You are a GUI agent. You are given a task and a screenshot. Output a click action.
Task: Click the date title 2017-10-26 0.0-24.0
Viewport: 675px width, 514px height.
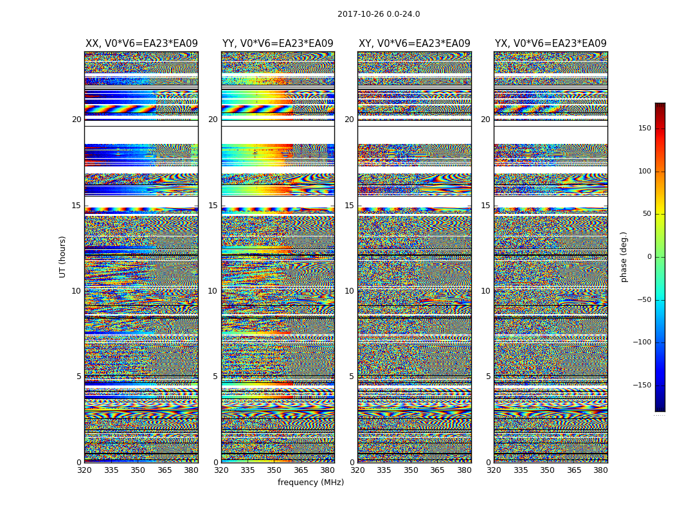pyautogui.click(x=379, y=14)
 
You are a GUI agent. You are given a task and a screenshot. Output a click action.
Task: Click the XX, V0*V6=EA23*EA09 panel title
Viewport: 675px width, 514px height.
pyautogui.click(x=141, y=44)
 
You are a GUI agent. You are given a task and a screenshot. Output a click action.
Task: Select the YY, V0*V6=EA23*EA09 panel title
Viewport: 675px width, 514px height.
pyautogui.click(x=278, y=44)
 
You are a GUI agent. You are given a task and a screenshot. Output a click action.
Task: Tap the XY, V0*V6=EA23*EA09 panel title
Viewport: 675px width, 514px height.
pyautogui.click(x=414, y=44)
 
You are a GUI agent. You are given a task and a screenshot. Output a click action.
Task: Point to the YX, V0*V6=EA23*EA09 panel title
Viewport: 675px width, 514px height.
pyautogui.click(x=550, y=44)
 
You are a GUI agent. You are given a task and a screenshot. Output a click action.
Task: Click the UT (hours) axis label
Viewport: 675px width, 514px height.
pyautogui.click(x=63, y=256)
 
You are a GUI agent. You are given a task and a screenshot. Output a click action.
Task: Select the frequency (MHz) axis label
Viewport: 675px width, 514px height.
pyautogui.click(x=310, y=483)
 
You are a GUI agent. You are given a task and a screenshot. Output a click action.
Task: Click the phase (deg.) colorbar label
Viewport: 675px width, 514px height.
pyautogui.click(x=624, y=256)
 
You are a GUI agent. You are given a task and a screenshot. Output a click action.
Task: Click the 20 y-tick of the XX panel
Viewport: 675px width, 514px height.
pyautogui.click(x=76, y=120)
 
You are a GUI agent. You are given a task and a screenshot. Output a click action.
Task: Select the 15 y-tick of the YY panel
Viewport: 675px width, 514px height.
pyautogui.click(x=213, y=206)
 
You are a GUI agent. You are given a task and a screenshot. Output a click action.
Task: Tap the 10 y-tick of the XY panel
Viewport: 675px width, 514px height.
pyautogui.click(x=349, y=291)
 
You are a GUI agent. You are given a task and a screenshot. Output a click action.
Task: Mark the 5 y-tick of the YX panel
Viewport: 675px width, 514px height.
pyautogui.click(x=488, y=377)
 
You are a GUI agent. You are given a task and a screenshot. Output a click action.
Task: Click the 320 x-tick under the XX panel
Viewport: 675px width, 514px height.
pyautogui.click(x=84, y=470)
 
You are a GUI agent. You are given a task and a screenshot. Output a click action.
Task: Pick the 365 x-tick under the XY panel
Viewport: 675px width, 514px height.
pyautogui.click(x=437, y=470)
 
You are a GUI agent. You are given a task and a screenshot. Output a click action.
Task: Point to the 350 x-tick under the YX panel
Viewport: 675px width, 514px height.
pyautogui.click(x=547, y=470)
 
